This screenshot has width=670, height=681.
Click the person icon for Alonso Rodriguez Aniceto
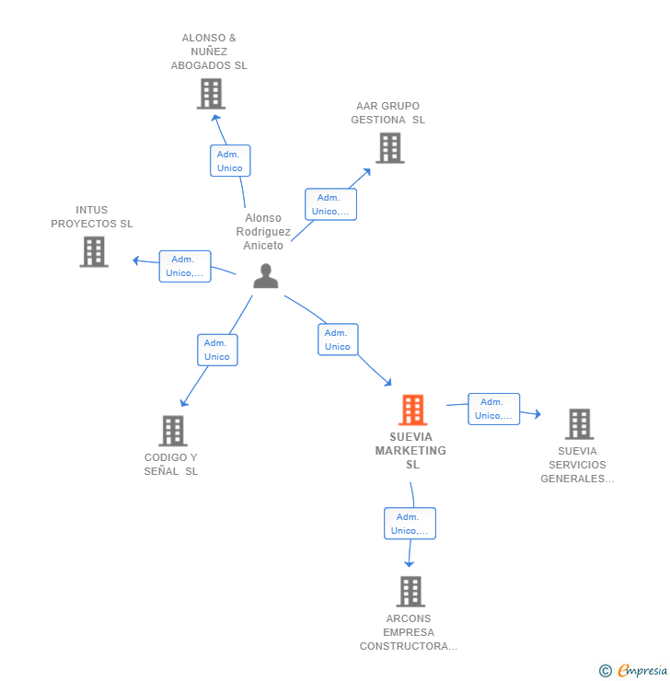(x=266, y=276)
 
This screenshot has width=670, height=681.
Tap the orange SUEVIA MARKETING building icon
(x=413, y=410)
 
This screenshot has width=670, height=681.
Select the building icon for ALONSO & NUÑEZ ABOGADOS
(x=211, y=94)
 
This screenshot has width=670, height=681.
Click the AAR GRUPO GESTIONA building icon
(x=389, y=148)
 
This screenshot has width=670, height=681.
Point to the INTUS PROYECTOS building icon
(x=94, y=252)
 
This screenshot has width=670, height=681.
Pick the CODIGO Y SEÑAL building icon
(x=173, y=431)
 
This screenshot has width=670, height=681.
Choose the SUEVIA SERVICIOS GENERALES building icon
(x=579, y=424)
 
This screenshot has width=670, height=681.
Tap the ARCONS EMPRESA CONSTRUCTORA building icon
(x=410, y=592)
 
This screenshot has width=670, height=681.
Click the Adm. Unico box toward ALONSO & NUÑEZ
(x=230, y=161)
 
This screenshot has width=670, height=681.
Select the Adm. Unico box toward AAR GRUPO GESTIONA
(x=330, y=204)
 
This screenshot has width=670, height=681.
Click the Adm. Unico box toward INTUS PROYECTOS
(x=185, y=266)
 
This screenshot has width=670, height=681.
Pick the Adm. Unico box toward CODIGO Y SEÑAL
(x=217, y=350)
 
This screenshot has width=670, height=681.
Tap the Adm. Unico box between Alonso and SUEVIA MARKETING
(x=338, y=340)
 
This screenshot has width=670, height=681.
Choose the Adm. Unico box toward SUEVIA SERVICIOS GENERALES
(x=493, y=409)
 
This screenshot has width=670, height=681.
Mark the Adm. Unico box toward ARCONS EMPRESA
(x=410, y=524)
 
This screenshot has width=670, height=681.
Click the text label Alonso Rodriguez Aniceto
(x=263, y=232)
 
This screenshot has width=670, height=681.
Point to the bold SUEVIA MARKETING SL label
(x=410, y=451)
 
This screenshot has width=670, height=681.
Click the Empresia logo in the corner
(x=634, y=671)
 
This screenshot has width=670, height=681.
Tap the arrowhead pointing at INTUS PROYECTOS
(x=136, y=260)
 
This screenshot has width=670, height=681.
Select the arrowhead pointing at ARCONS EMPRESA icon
(x=410, y=562)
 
